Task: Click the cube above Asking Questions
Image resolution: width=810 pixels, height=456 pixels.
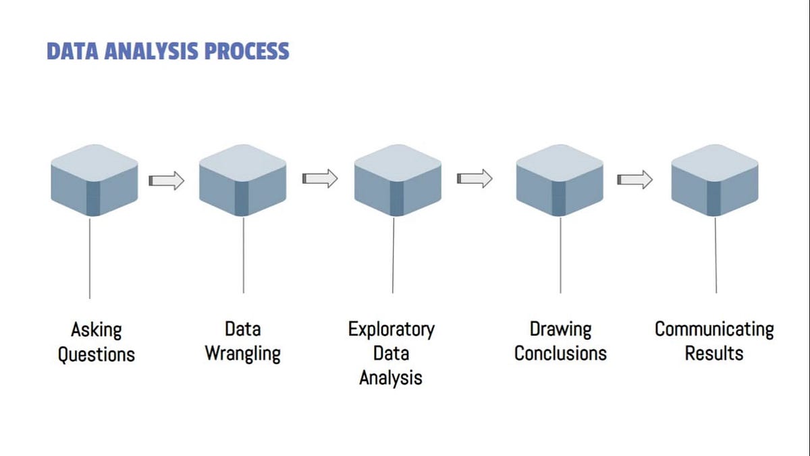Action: [94, 180]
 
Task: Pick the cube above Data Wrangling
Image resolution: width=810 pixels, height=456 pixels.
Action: [242, 180]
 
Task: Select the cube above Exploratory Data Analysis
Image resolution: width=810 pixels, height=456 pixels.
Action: [398, 180]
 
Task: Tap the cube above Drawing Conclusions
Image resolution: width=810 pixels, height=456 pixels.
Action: [560, 180]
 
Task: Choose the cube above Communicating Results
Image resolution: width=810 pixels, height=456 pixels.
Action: [715, 180]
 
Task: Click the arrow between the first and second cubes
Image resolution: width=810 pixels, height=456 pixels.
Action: [166, 180]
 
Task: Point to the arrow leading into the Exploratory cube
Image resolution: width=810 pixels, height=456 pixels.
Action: [320, 178]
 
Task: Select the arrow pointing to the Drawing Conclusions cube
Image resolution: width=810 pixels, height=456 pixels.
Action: [475, 178]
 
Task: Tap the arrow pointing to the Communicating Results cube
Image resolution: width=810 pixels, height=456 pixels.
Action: [635, 180]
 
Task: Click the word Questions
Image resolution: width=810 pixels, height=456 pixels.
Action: [96, 355]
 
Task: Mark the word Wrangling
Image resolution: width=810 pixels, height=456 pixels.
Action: [242, 353]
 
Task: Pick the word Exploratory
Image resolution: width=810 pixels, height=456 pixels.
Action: [391, 329]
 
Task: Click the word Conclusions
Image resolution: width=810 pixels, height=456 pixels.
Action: [560, 353]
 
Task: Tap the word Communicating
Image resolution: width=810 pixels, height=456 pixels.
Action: [714, 329]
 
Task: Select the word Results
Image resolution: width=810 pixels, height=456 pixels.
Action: [713, 353]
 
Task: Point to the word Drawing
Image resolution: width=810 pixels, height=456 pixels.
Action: [560, 329]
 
